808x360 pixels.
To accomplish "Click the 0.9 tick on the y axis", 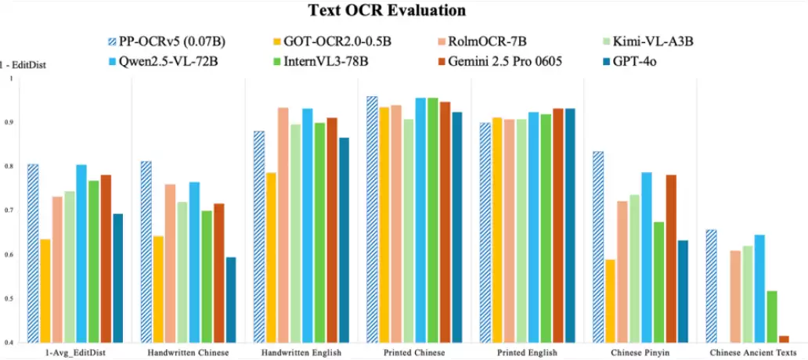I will pyautogui.click(x=9, y=123).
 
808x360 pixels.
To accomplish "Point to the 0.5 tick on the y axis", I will pyautogui.click(x=9, y=299).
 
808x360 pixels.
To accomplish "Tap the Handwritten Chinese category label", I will pyautogui.click(x=188, y=353).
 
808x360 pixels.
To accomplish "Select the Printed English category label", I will pyautogui.click(x=527, y=353).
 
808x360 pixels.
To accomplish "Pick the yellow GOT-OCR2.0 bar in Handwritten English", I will pyautogui.click(x=270, y=257).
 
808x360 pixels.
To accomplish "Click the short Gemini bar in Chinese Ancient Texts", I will pyautogui.click(x=784, y=339).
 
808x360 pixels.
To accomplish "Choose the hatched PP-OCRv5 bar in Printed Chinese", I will pyautogui.click(x=372, y=220).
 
